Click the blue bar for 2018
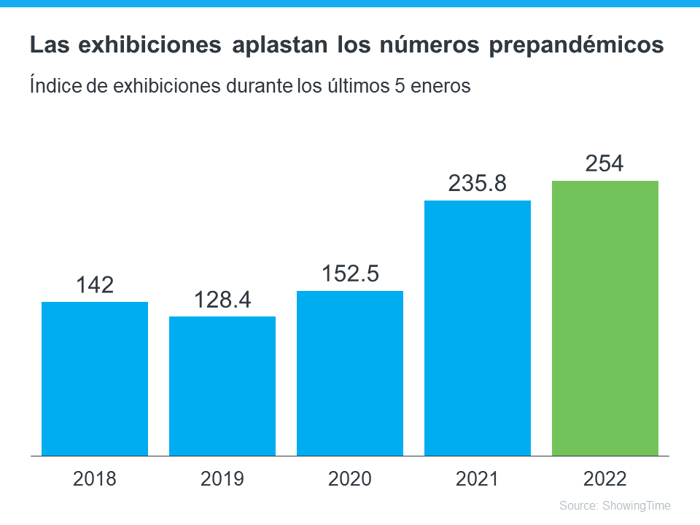(95, 379)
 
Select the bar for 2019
(222, 386)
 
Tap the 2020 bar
(350, 373)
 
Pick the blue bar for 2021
(478, 328)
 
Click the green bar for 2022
(605, 319)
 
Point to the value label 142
(95, 284)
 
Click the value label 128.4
(222, 299)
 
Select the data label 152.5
(350, 273)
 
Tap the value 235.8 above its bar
(478, 183)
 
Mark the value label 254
(605, 163)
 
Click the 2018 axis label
(95, 479)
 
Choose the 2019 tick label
(222, 479)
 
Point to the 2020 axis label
(350, 479)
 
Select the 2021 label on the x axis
(478, 479)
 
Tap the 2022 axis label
(605, 479)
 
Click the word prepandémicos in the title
(576, 46)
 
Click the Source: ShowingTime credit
(615, 505)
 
